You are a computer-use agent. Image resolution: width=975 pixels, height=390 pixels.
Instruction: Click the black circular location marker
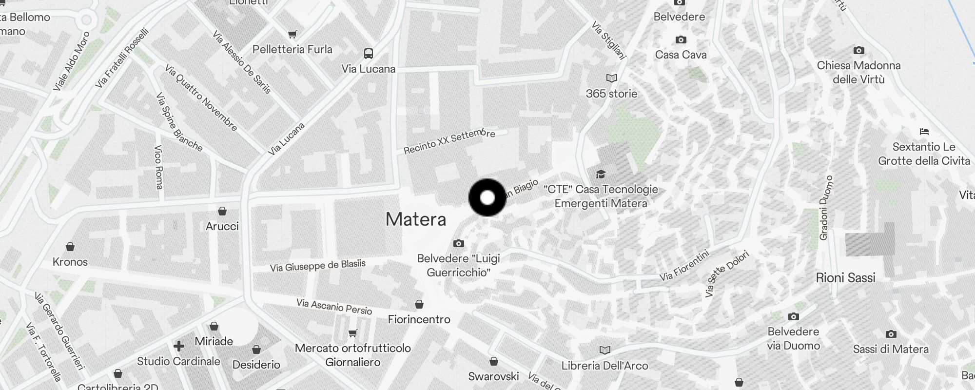coord(487,197)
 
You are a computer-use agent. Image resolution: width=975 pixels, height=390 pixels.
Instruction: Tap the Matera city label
coord(416,219)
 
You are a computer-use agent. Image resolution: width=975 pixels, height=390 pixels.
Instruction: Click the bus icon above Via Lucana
coord(369,53)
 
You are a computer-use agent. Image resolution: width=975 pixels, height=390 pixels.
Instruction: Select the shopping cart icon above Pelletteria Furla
coord(292,34)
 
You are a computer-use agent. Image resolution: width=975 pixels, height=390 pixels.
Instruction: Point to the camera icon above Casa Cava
coord(681,39)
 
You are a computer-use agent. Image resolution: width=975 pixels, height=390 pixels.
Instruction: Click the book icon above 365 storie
coord(611,78)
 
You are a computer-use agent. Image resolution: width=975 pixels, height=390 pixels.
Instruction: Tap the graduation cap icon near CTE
coord(601,174)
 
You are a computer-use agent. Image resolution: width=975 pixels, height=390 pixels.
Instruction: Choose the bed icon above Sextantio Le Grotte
coord(924,132)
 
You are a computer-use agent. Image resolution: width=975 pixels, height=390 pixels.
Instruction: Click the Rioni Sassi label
coord(845,278)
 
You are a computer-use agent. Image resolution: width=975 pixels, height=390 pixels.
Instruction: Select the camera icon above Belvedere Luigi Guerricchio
coord(458,243)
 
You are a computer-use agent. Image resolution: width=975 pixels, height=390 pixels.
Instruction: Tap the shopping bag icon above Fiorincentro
coord(419,305)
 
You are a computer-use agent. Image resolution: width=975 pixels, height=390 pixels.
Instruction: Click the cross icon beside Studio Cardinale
coord(179,346)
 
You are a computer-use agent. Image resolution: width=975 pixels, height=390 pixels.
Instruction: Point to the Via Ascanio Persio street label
coord(334,307)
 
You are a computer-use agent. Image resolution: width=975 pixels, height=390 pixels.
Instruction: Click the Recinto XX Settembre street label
coord(449,141)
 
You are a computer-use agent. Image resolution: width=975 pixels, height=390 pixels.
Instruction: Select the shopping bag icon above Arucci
coord(222,211)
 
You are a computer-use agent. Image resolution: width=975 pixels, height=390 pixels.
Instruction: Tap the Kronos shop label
coord(70,262)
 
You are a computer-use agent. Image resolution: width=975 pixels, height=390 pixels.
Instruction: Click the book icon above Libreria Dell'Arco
coord(604,351)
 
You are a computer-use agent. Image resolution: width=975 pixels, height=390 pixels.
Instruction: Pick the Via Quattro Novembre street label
coord(201,98)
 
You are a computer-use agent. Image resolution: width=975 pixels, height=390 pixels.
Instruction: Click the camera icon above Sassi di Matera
coord(891,334)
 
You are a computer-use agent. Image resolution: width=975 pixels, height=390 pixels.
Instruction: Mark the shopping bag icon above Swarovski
coord(493,362)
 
